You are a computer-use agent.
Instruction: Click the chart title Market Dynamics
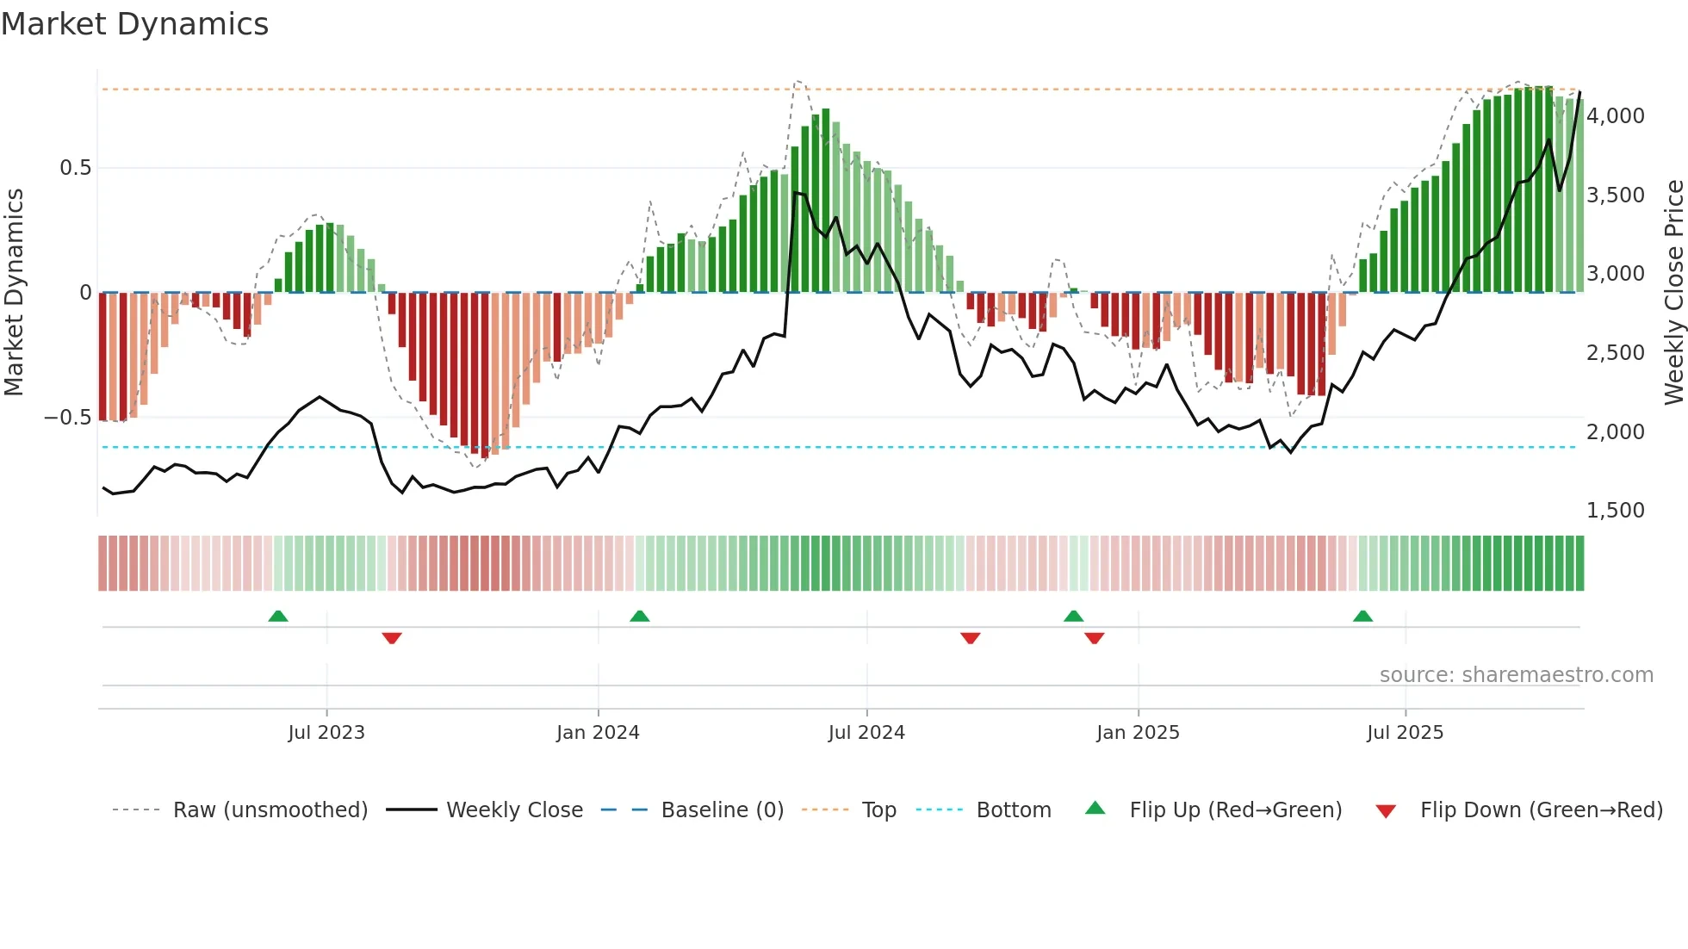pos(134,24)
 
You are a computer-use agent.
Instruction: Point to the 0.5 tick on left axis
pos(75,168)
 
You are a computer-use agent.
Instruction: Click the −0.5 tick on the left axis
pos(67,418)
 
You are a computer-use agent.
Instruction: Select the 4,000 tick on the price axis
pos(1615,116)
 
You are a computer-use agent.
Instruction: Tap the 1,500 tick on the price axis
pos(1615,511)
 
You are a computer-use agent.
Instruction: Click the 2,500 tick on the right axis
pos(1615,353)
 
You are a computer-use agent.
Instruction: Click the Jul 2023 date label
pos(326,733)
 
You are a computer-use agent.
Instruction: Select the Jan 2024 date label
pos(598,733)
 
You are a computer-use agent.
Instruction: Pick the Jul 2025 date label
pos(1405,733)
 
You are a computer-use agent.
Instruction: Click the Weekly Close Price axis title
pos(1673,293)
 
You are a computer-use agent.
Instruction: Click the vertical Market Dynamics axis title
pos(14,293)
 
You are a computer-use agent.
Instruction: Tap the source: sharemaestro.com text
pos(1516,675)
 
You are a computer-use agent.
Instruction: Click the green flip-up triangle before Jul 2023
pos(278,617)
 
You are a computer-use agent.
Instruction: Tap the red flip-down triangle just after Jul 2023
pos(392,638)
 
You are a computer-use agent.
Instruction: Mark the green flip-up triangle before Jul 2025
pos(1362,617)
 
